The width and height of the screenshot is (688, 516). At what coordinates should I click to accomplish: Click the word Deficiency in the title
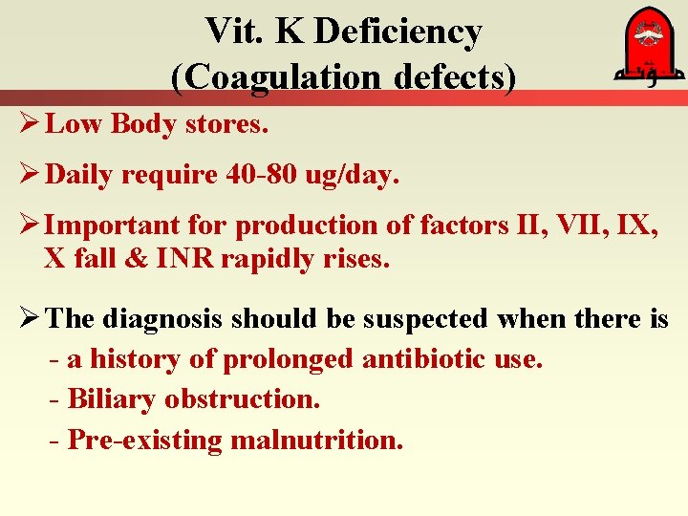point(398,32)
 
